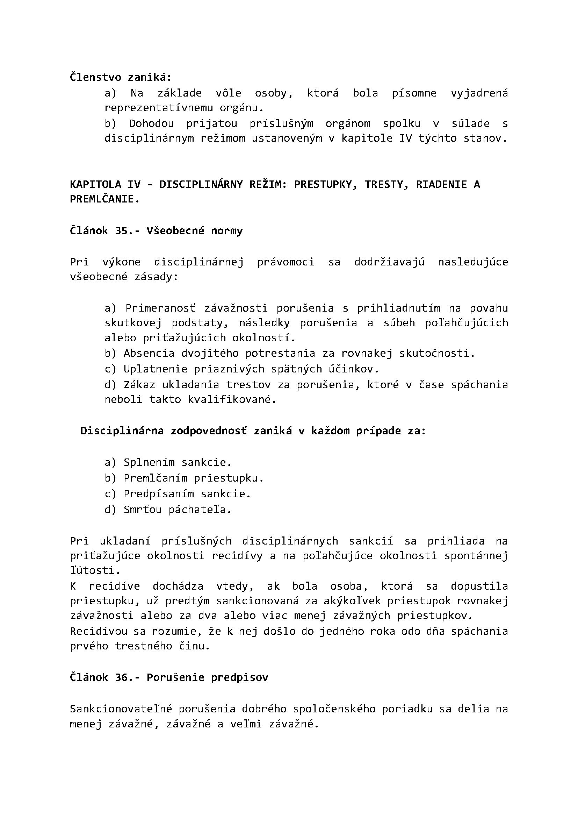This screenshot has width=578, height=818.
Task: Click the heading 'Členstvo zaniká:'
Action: tap(120, 77)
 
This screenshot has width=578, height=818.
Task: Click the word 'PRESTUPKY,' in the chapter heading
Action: tap(326, 184)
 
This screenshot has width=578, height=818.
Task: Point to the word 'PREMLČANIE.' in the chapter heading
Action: tap(104, 199)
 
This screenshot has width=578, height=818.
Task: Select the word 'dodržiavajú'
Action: tap(389, 262)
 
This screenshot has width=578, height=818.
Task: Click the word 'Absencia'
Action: tap(149, 353)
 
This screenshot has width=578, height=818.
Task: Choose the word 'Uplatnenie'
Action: tap(156, 369)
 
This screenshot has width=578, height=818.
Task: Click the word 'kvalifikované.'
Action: tap(232, 399)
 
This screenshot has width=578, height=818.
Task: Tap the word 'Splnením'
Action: tap(149, 462)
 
